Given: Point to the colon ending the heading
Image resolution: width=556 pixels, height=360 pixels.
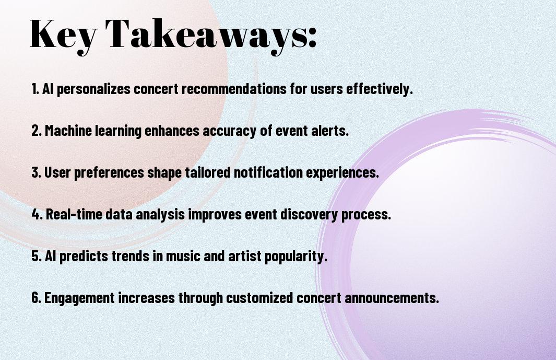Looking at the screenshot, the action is pos(312,38).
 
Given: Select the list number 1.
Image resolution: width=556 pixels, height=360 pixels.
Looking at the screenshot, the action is pos(34,89).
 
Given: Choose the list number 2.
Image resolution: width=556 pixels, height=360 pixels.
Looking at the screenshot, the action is pos(36,131).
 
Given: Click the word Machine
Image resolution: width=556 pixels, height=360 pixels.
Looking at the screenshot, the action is pos(68,131).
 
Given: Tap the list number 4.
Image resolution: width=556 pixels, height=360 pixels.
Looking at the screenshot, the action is pos(37,214).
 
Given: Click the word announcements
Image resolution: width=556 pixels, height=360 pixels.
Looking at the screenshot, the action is pos(392,298).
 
